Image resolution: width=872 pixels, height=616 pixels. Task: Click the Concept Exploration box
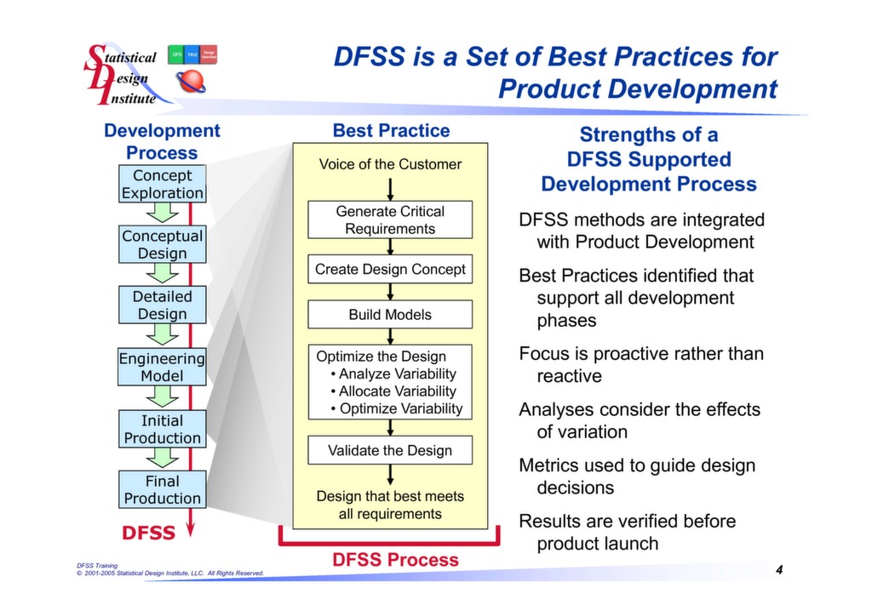tap(162, 184)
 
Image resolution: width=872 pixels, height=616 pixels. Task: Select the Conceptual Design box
tap(162, 244)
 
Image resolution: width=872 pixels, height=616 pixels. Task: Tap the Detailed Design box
tap(162, 305)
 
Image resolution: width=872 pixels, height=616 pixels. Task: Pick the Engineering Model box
tap(162, 367)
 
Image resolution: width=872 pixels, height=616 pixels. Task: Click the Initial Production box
tap(162, 429)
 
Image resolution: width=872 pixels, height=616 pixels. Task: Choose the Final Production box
tap(162, 489)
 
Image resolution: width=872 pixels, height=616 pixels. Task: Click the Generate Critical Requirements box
tap(390, 220)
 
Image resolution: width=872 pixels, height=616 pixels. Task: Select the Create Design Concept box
tap(390, 269)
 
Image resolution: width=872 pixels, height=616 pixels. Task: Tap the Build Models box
tap(390, 314)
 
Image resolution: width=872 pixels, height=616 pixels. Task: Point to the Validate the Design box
tap(390, 450)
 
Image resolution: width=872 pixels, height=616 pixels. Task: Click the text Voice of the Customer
tap(390, 164)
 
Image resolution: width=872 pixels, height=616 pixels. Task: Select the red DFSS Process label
tap(395, 560)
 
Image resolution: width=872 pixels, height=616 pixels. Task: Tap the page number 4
tap(778, 569)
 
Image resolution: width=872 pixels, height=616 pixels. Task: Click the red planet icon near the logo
tap(191, 83)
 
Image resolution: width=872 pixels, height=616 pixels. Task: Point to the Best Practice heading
tap(391, 130)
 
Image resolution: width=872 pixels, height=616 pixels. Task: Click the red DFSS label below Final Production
tap(148, 533)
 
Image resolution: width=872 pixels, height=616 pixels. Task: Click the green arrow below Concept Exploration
tap(162, 213)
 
